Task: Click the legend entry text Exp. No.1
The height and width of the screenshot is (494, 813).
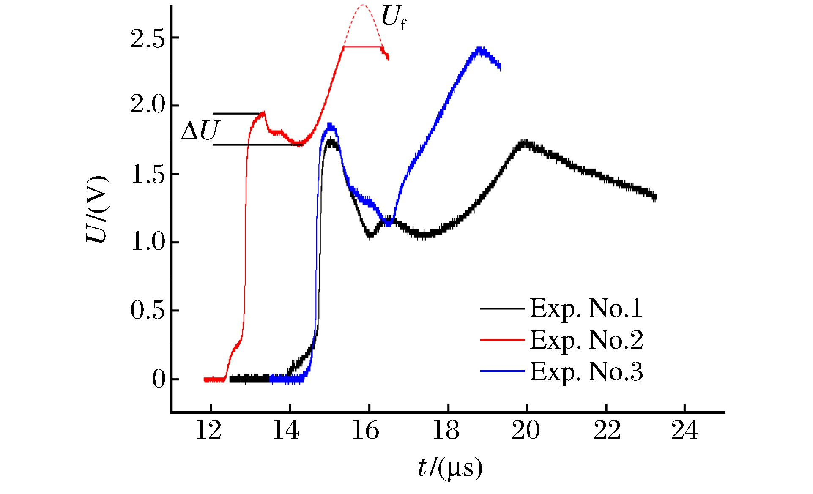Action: tap(586, 308)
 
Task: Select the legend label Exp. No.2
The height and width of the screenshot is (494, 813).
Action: tap(586, 340)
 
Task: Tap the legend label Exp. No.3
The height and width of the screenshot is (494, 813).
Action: tap(586, 372)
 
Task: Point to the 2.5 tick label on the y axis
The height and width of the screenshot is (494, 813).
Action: tap(147, 39)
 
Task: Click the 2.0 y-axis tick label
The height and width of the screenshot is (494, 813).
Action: tap(147, 105)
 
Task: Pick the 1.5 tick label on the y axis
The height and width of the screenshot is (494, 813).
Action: tap(147, 174)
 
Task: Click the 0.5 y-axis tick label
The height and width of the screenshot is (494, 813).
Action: tap(147, 311)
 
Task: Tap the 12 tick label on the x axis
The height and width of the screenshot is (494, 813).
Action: tap(208, 431)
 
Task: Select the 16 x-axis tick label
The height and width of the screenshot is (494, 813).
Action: tap(366, 431)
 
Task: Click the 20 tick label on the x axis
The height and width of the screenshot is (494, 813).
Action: tap(526, 431)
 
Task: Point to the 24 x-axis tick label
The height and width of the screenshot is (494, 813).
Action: tap(684, 431)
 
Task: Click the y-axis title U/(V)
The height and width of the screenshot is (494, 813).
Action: tap(98, 209)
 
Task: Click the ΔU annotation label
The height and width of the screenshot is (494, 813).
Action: tap(200, 131)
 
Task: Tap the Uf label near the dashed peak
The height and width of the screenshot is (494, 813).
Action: tap(393, 19)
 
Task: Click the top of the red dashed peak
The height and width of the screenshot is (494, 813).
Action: tap(363, 5)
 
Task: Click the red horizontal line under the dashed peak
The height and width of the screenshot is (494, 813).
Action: tap(363, 47)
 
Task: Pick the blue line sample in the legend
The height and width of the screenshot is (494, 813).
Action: tap(502, 371)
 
